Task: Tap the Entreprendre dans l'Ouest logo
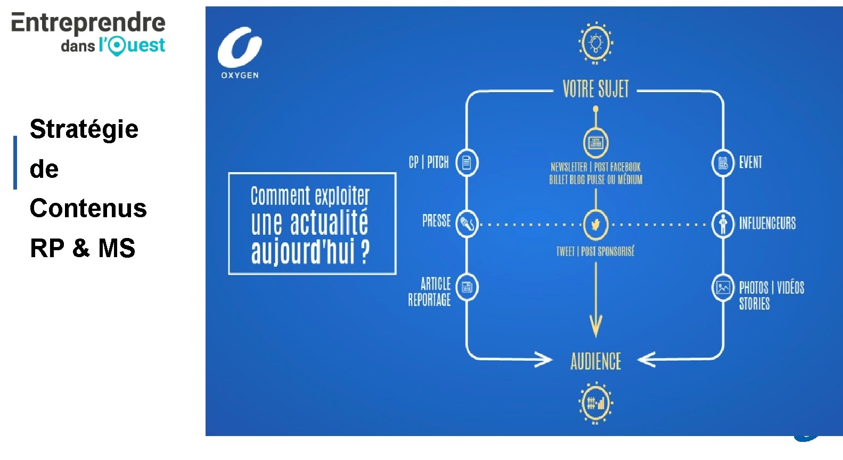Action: point(88,33)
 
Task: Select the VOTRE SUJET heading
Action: point(595,89)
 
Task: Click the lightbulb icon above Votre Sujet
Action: point(596,43)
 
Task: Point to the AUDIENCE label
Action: point(595,362)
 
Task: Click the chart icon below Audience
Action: point(595,403)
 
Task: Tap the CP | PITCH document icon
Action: point(466,162)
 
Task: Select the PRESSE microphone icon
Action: point(467,224)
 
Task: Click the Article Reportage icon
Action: point(467,287)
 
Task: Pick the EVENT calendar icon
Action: point(723,162)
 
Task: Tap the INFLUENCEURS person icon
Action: point(723,224)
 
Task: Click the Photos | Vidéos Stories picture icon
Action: point(723,288)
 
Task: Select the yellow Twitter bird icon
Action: point(595,225)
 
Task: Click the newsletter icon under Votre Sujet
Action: point(595,143)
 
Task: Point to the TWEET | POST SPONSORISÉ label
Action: point(595,251)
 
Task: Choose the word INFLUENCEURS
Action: point(767,223)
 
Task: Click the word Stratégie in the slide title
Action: point(84,129)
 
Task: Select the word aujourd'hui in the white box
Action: point(302,252)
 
